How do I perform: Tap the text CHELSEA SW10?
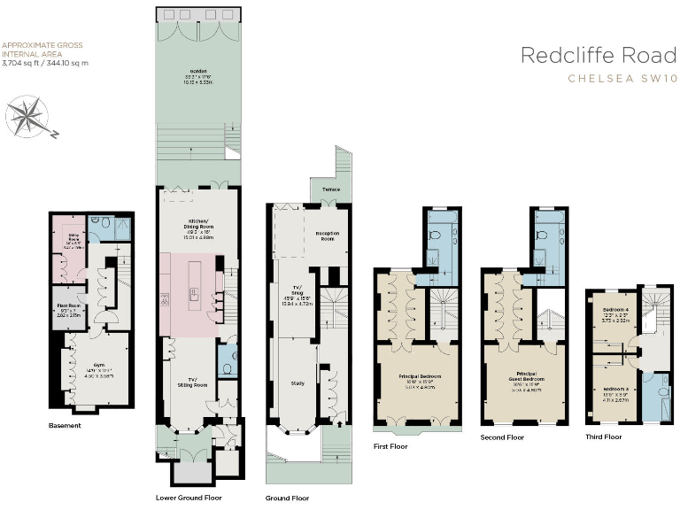coord(623,80)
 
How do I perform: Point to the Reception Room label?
coord(327,235)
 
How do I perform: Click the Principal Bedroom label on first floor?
coord(419,376)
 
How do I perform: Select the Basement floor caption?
coord(65,426)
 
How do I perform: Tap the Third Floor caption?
coord(604,437)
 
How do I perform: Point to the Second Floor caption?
coord(502,437)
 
